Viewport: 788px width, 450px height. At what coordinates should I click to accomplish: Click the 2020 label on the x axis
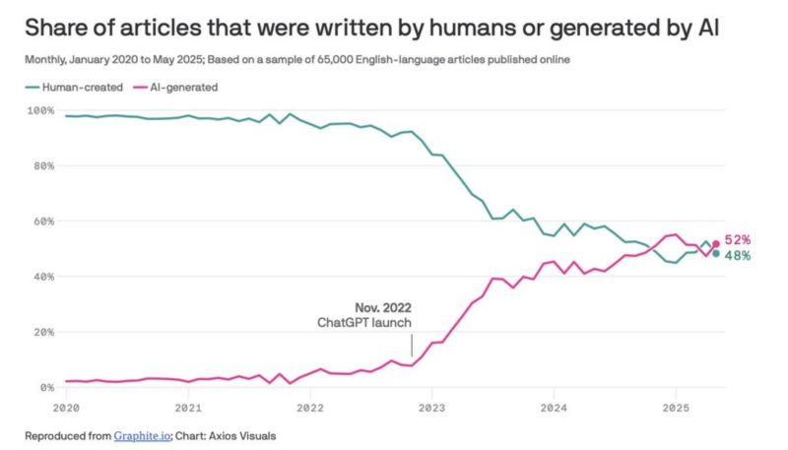click(x=67, y=406)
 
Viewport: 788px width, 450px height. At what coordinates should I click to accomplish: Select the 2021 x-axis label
click(x=188, y=406)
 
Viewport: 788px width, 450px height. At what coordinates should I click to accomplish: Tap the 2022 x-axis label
click(x=309, y=406)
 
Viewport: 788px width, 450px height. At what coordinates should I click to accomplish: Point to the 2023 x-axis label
click(x=431, y=406)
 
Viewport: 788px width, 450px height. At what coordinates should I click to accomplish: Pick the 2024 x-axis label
click(x=554, y=406)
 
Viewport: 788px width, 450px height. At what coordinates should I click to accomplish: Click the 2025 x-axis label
click(x=675, y=406)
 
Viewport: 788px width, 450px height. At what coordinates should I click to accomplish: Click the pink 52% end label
click(x=740, y=239)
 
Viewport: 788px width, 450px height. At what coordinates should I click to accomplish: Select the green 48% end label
click(x=740, y=256)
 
